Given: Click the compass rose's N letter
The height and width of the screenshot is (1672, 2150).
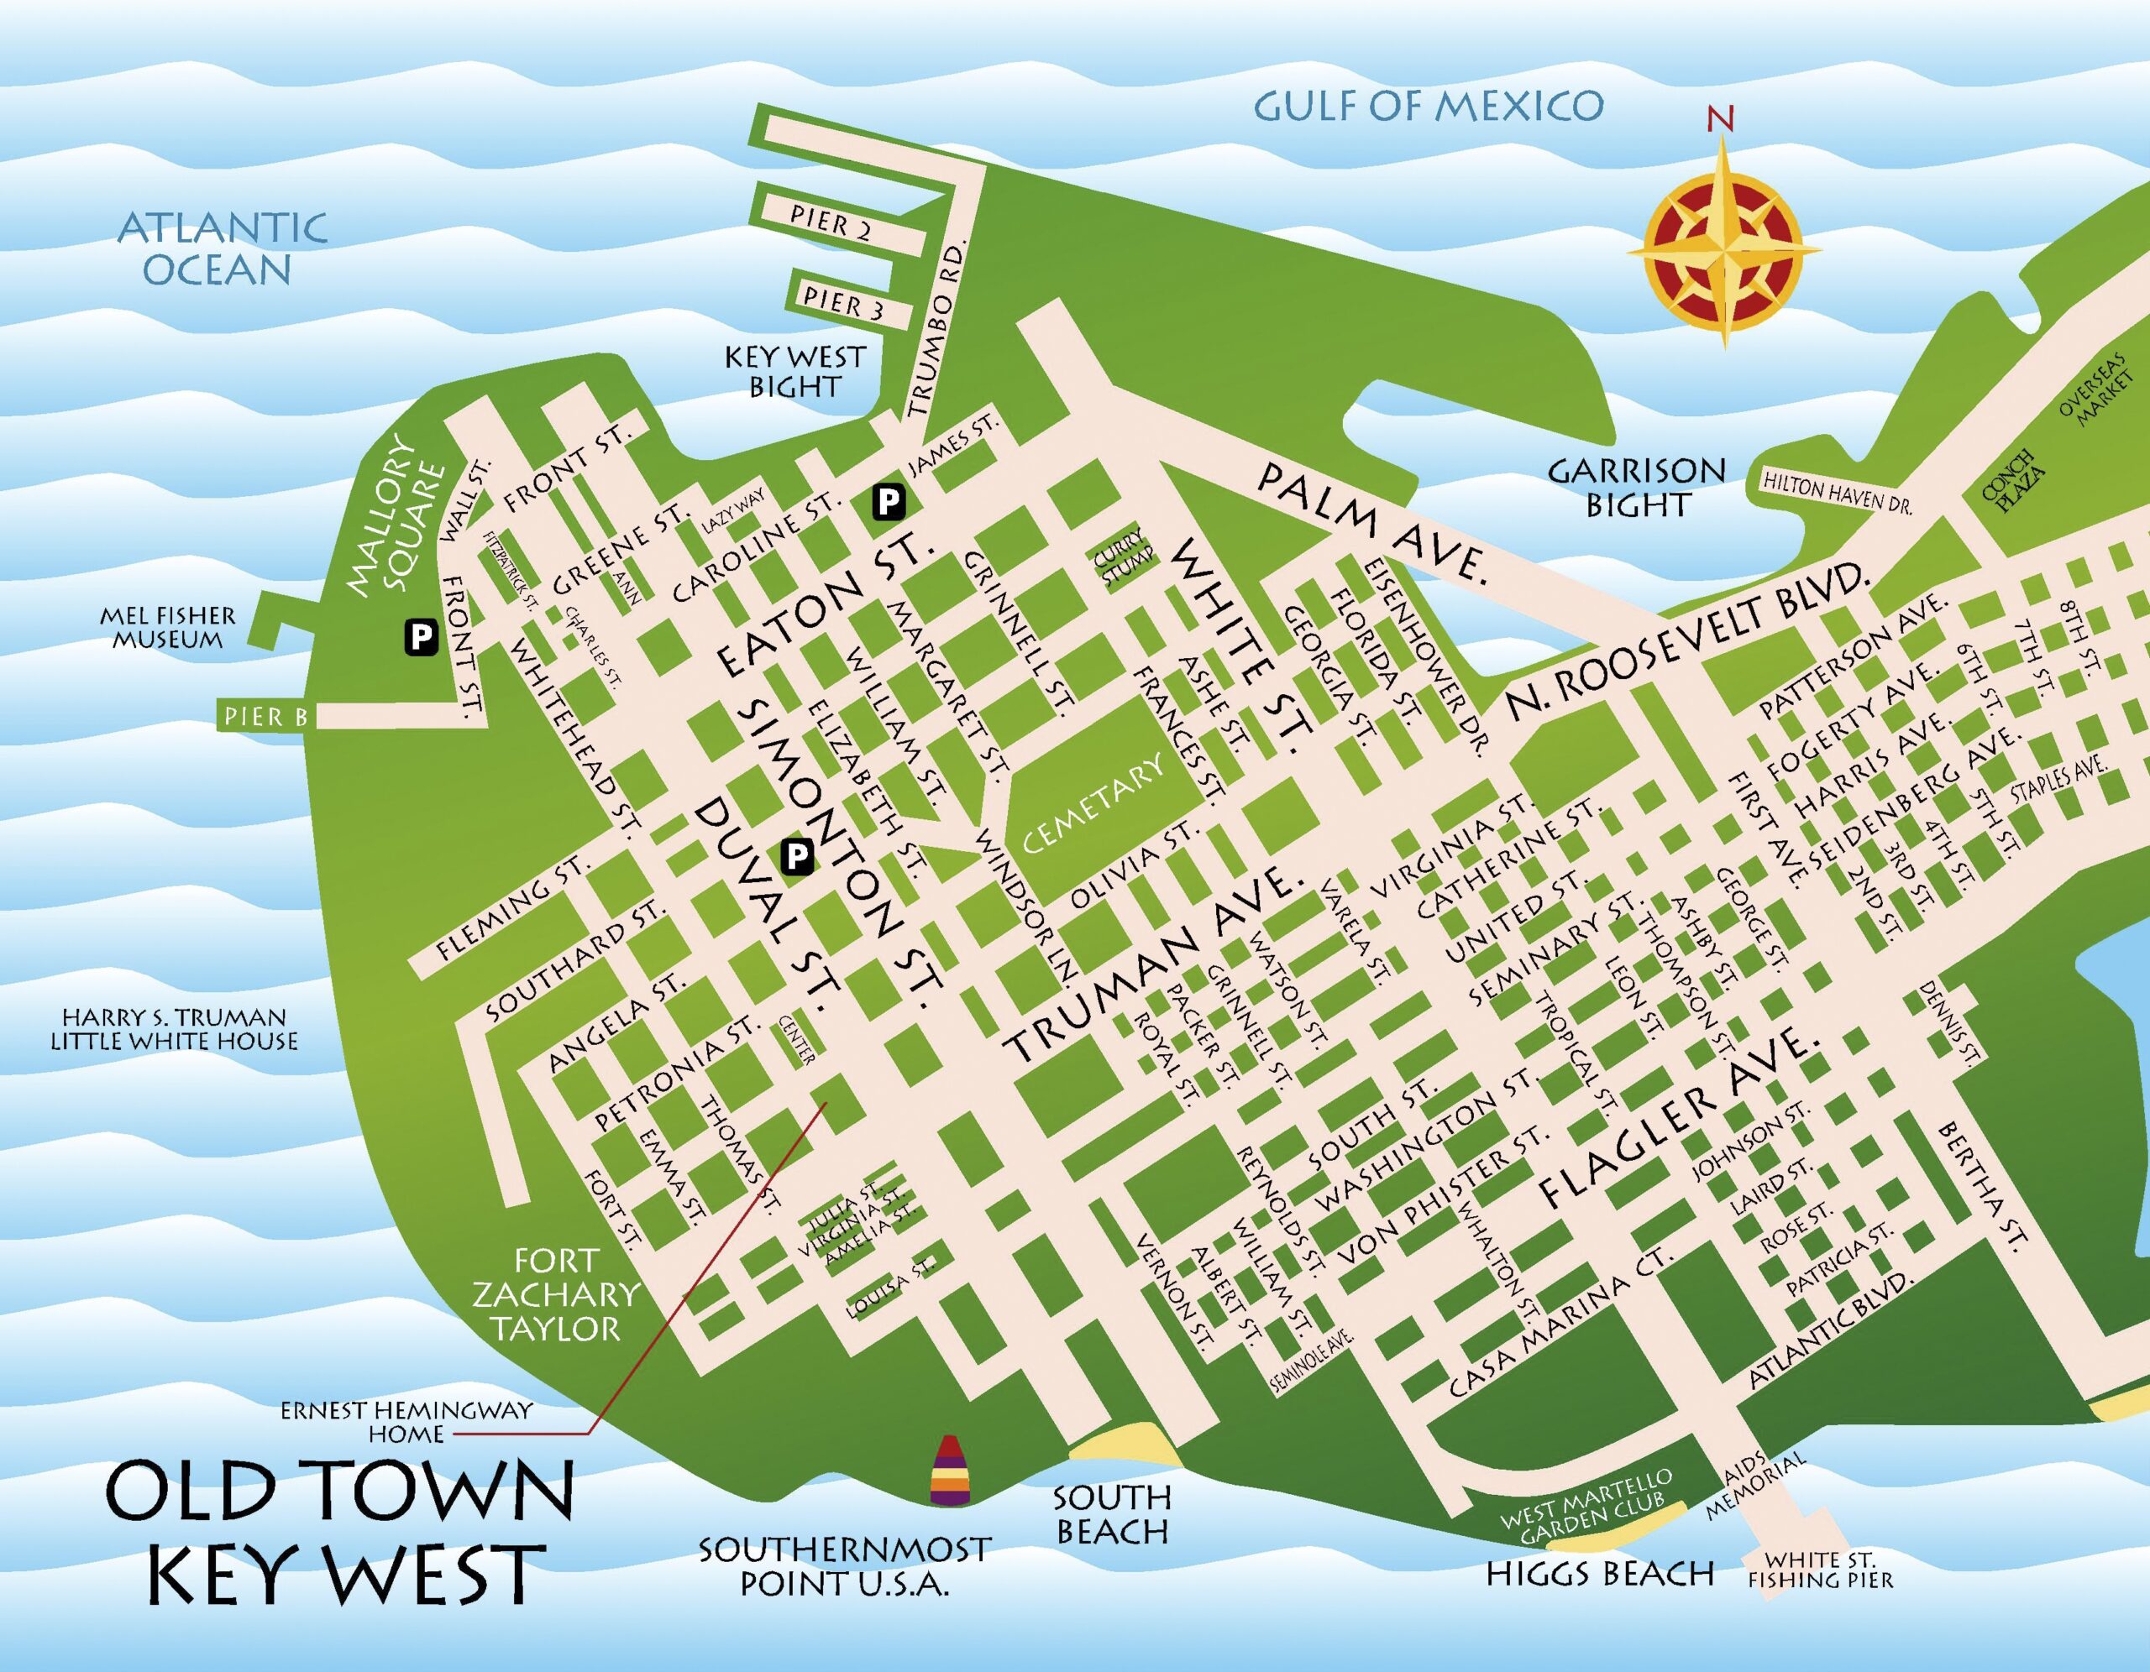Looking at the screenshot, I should point(1721,120).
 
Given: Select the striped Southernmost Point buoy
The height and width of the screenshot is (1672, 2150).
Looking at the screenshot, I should point(947,1471).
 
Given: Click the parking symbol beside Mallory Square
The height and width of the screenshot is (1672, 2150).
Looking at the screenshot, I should point(421,637).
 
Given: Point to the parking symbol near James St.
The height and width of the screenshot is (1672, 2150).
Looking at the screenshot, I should point(888,503).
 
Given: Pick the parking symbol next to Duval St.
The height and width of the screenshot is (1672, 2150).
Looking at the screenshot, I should point(795,856).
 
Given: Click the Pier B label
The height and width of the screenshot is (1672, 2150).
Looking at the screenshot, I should point(264,717).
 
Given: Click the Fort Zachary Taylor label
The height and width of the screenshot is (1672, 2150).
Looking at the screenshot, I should point(556,1294).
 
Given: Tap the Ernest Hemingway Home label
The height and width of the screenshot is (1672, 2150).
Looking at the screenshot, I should point(406,1422).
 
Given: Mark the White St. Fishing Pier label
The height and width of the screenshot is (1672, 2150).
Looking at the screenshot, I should point(1819,1570).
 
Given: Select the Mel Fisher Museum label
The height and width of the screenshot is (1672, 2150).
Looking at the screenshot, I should point(167,628).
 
